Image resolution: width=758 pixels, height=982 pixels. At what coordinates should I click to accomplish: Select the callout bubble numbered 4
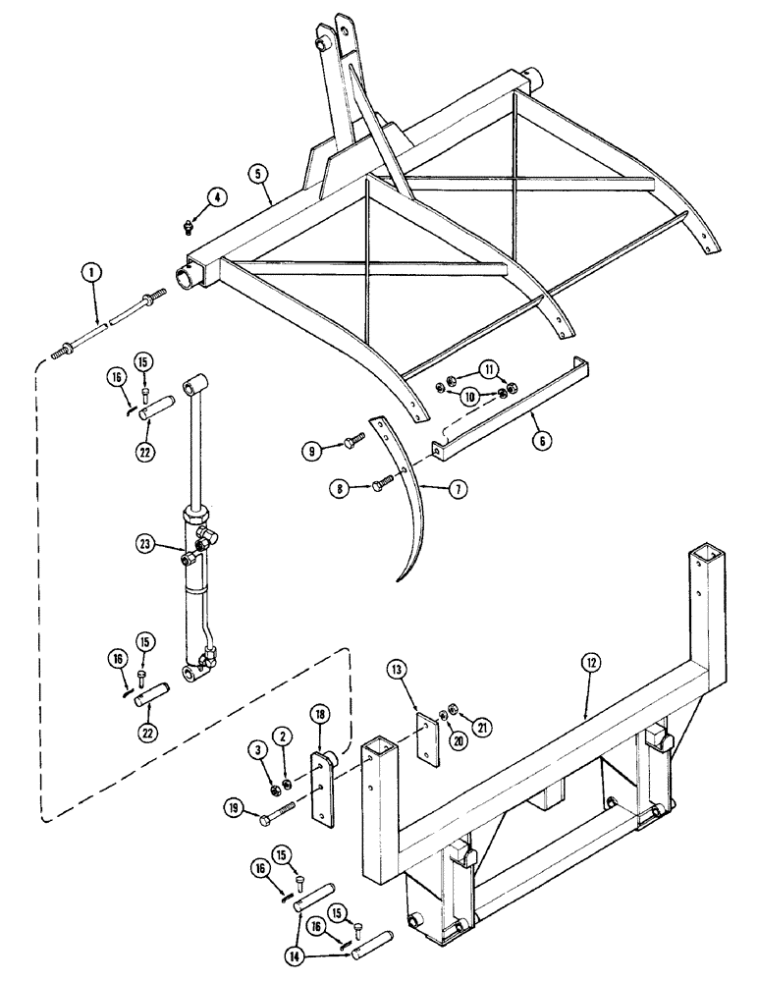pyautogui.click(x=218, y=196)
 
